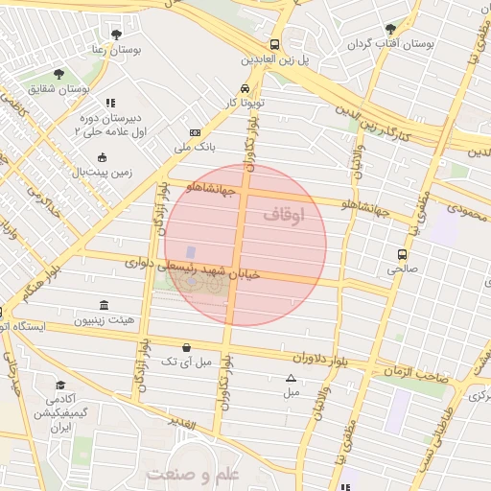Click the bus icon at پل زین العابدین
coord(275,44)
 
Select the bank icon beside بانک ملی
coord(196,132)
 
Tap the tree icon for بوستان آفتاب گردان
coord(389,30)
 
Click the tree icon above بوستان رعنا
coord(116,35)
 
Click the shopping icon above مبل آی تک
coord(185,347)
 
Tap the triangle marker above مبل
coord(291,378)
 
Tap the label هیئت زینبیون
coord(108,321)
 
